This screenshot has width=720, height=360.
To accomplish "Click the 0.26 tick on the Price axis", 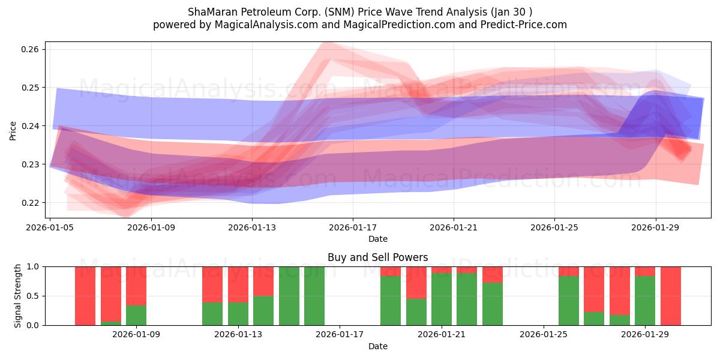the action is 29,49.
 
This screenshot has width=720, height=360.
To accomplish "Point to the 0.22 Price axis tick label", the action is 29,203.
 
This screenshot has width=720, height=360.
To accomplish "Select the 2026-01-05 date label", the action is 50,227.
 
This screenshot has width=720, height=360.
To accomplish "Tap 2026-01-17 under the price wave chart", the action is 353,227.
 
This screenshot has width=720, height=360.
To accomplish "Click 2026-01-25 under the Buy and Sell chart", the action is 544,334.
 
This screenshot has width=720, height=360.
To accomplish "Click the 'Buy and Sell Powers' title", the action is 377,257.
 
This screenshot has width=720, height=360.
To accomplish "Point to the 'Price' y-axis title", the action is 13,131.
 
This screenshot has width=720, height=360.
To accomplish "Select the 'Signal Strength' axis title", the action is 17,296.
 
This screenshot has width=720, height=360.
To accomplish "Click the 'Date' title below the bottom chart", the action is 377,346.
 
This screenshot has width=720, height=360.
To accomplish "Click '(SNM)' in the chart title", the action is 340,12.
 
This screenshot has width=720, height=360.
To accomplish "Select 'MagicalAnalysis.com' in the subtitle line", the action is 266,25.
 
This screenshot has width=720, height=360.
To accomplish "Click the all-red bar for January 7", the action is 85,296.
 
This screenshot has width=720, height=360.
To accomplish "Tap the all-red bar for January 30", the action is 671,296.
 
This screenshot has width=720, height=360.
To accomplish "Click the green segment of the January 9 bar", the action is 136,316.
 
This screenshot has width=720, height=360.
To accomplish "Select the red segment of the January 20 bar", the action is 416,283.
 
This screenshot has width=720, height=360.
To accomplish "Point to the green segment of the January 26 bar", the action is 569,301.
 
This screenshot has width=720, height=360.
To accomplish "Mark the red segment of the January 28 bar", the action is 620,291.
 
